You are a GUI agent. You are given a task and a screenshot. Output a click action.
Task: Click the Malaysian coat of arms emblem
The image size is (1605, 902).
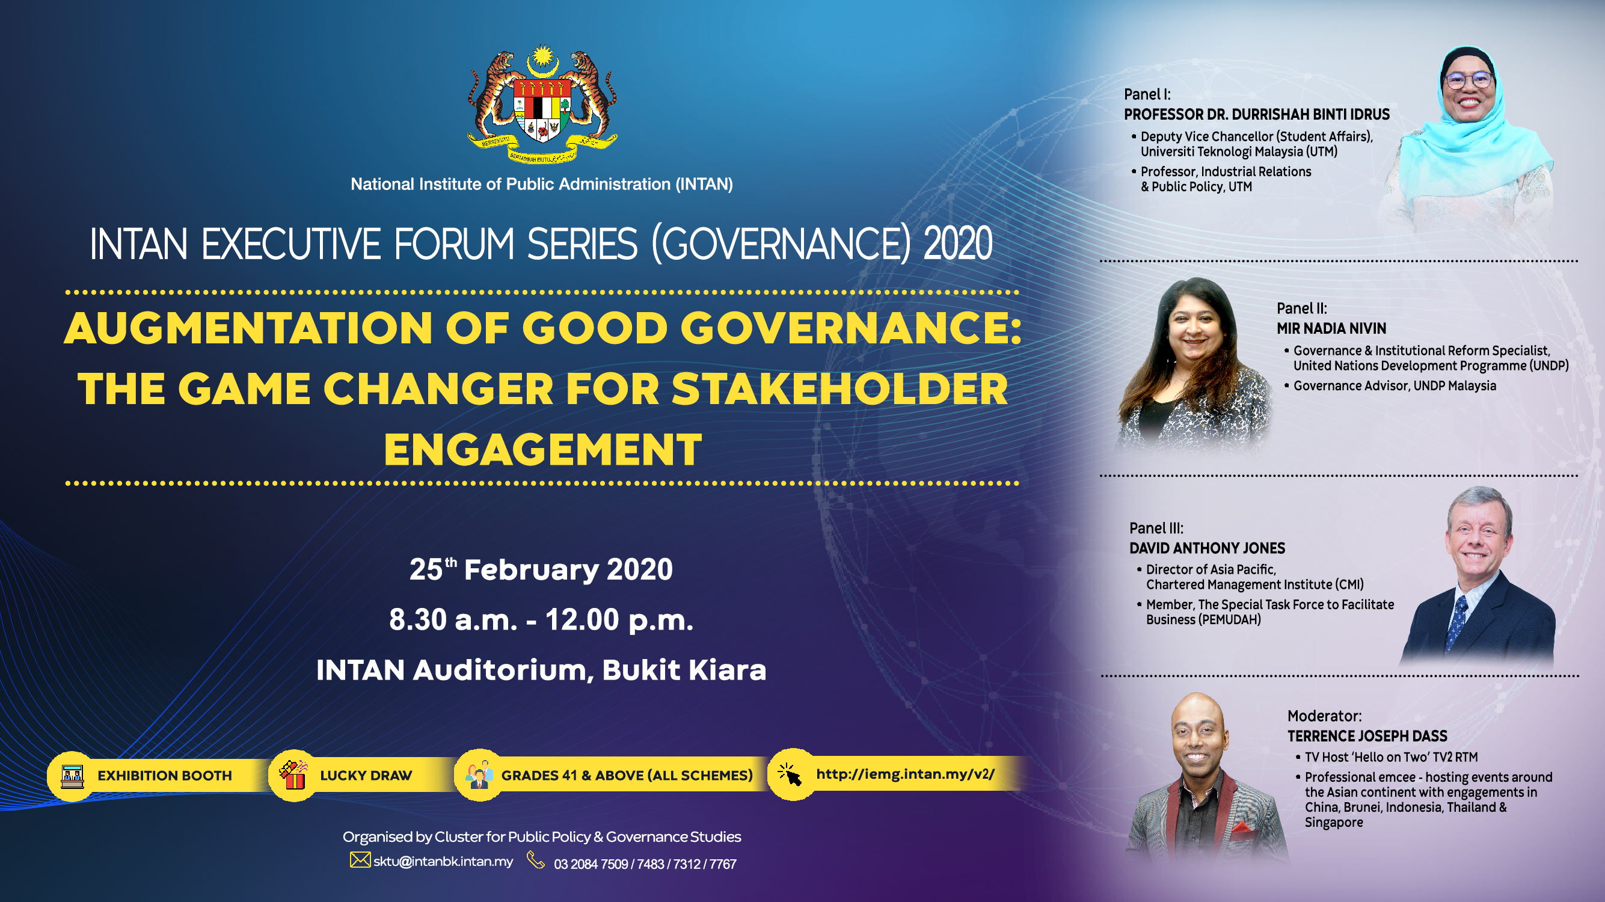[542, 104]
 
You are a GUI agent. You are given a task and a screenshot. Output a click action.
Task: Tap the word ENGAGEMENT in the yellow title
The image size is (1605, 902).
[542, 449]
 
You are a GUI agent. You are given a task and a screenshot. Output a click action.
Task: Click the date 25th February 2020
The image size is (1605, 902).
[541, 569]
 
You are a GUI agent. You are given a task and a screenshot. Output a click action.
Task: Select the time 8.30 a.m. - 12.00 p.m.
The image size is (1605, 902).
[541, 620]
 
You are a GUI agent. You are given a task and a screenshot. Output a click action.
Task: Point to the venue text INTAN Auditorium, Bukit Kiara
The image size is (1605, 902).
[541, 670]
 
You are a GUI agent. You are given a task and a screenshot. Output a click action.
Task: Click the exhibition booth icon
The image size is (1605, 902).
[72, 776]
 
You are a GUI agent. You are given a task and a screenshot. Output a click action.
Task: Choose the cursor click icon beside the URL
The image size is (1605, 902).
[790, 775]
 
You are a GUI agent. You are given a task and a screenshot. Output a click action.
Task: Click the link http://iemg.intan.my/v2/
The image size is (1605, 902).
[905, 775]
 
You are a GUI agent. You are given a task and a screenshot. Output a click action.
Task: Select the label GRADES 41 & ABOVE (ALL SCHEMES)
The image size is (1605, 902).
[627, 776]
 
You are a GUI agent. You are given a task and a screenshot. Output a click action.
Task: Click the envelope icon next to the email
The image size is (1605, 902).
[360, 861]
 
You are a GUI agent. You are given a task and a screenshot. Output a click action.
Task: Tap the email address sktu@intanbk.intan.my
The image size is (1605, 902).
[443, 862]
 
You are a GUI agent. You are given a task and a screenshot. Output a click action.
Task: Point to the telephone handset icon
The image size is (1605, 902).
[536, 861]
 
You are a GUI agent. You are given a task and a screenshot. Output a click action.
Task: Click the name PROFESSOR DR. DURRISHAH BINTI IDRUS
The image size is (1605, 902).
[1257, 115]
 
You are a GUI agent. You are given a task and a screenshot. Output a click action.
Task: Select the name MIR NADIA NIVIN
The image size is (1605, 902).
[1331, 328]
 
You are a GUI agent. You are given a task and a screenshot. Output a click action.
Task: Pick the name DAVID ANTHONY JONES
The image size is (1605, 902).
[1208, 548]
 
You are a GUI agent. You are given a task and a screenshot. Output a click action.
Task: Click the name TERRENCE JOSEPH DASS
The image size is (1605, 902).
[1367, 736]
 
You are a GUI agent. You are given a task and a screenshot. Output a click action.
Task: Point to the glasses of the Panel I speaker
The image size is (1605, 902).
[1468, 81]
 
